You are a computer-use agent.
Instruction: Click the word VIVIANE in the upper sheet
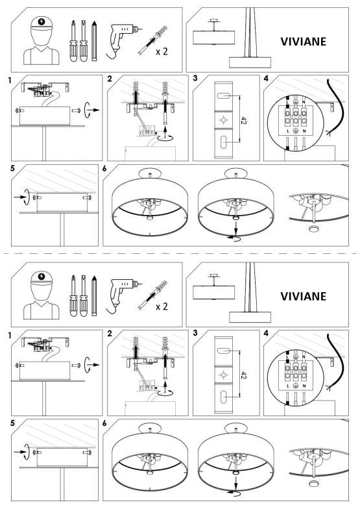[x=303, y=42]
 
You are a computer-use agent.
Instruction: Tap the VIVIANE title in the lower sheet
[x=303, y=296]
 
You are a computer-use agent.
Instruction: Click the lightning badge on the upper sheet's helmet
[x=42, y=22]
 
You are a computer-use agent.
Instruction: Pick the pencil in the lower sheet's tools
[x=94, y=296]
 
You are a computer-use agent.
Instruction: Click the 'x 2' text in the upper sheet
[x=162, y=51]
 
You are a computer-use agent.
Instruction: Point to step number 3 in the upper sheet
[x=195, y=78]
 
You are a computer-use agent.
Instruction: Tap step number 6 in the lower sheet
[x=104, y=423]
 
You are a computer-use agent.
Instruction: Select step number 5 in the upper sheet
[x=13, y=168]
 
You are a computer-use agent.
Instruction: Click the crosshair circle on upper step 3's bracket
[x=223, y=121]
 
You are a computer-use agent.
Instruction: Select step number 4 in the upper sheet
[x=266, y=78]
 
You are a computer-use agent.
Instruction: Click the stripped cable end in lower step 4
[x=328, y=387]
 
